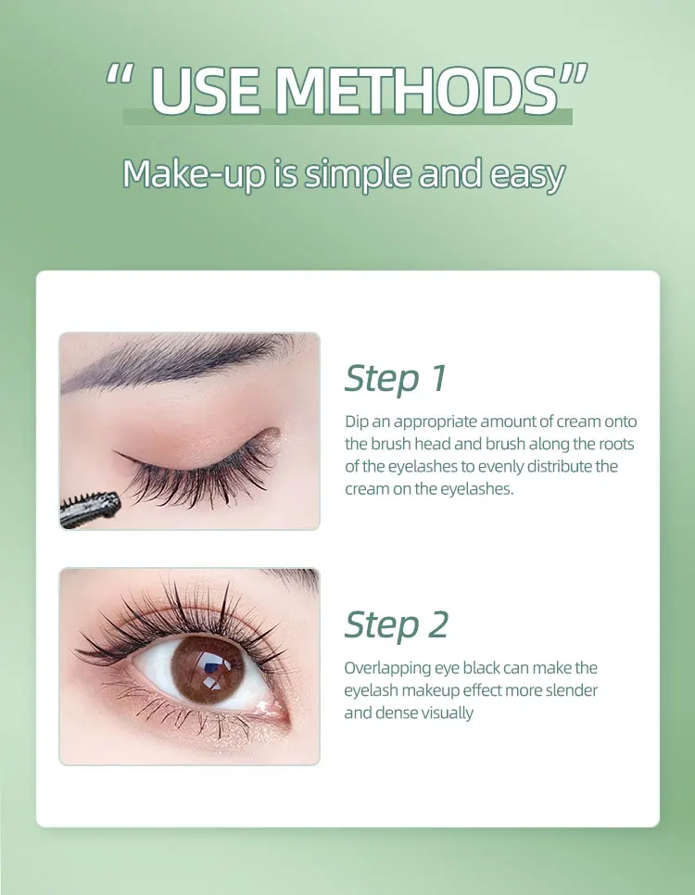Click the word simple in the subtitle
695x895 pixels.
coord(358,175)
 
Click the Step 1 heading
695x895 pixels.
coord(395,378)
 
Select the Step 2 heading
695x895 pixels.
coord(397,625)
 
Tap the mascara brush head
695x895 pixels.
coord(90,508)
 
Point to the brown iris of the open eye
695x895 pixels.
coord(208,668)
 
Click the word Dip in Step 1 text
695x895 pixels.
coord(356,422)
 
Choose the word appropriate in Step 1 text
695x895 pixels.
coord(436,422)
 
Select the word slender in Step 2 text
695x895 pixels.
coord(571,690)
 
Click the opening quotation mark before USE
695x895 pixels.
coord(120,75)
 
